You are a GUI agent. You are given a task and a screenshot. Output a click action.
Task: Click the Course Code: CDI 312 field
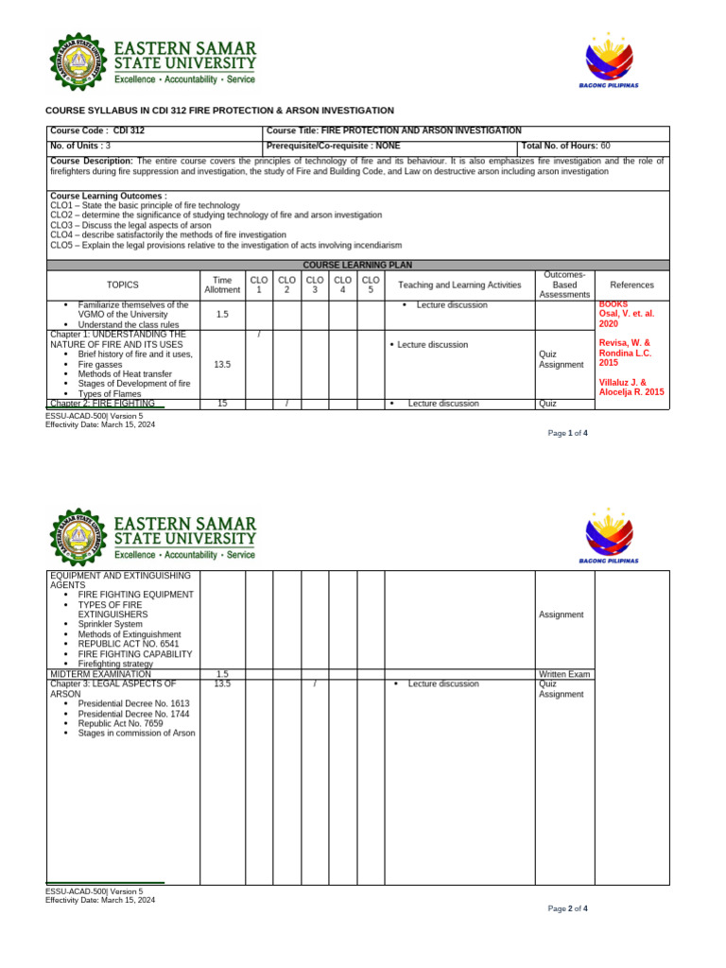coord(96,130)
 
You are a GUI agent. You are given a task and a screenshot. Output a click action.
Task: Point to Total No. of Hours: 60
coord(565,147)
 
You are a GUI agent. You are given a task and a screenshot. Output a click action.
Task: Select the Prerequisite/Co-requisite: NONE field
coord(334,147)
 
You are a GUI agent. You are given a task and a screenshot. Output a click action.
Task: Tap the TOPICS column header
coord(122,285)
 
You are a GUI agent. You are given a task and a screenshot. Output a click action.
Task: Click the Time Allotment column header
coord(222,285)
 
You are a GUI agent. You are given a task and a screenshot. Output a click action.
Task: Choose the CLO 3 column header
coord(315,285)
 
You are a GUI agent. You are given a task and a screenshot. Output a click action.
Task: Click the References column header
coord(631,285)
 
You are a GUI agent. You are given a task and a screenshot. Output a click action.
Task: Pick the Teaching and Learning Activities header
coord(459,285)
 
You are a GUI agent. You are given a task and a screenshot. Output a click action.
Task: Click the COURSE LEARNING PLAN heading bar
coord(357,266)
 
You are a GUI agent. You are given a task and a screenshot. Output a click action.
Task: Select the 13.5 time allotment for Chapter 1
coord(222,364)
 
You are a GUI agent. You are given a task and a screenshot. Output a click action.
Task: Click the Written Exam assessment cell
coord(564,674)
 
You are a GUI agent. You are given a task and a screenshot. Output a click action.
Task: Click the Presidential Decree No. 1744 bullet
coord(133,713)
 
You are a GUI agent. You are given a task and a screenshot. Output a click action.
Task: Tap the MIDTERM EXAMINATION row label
coord(99,674)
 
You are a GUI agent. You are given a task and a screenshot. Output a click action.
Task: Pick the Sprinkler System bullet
coord(110,624)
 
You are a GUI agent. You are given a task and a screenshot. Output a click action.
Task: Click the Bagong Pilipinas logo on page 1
coord(608,61)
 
